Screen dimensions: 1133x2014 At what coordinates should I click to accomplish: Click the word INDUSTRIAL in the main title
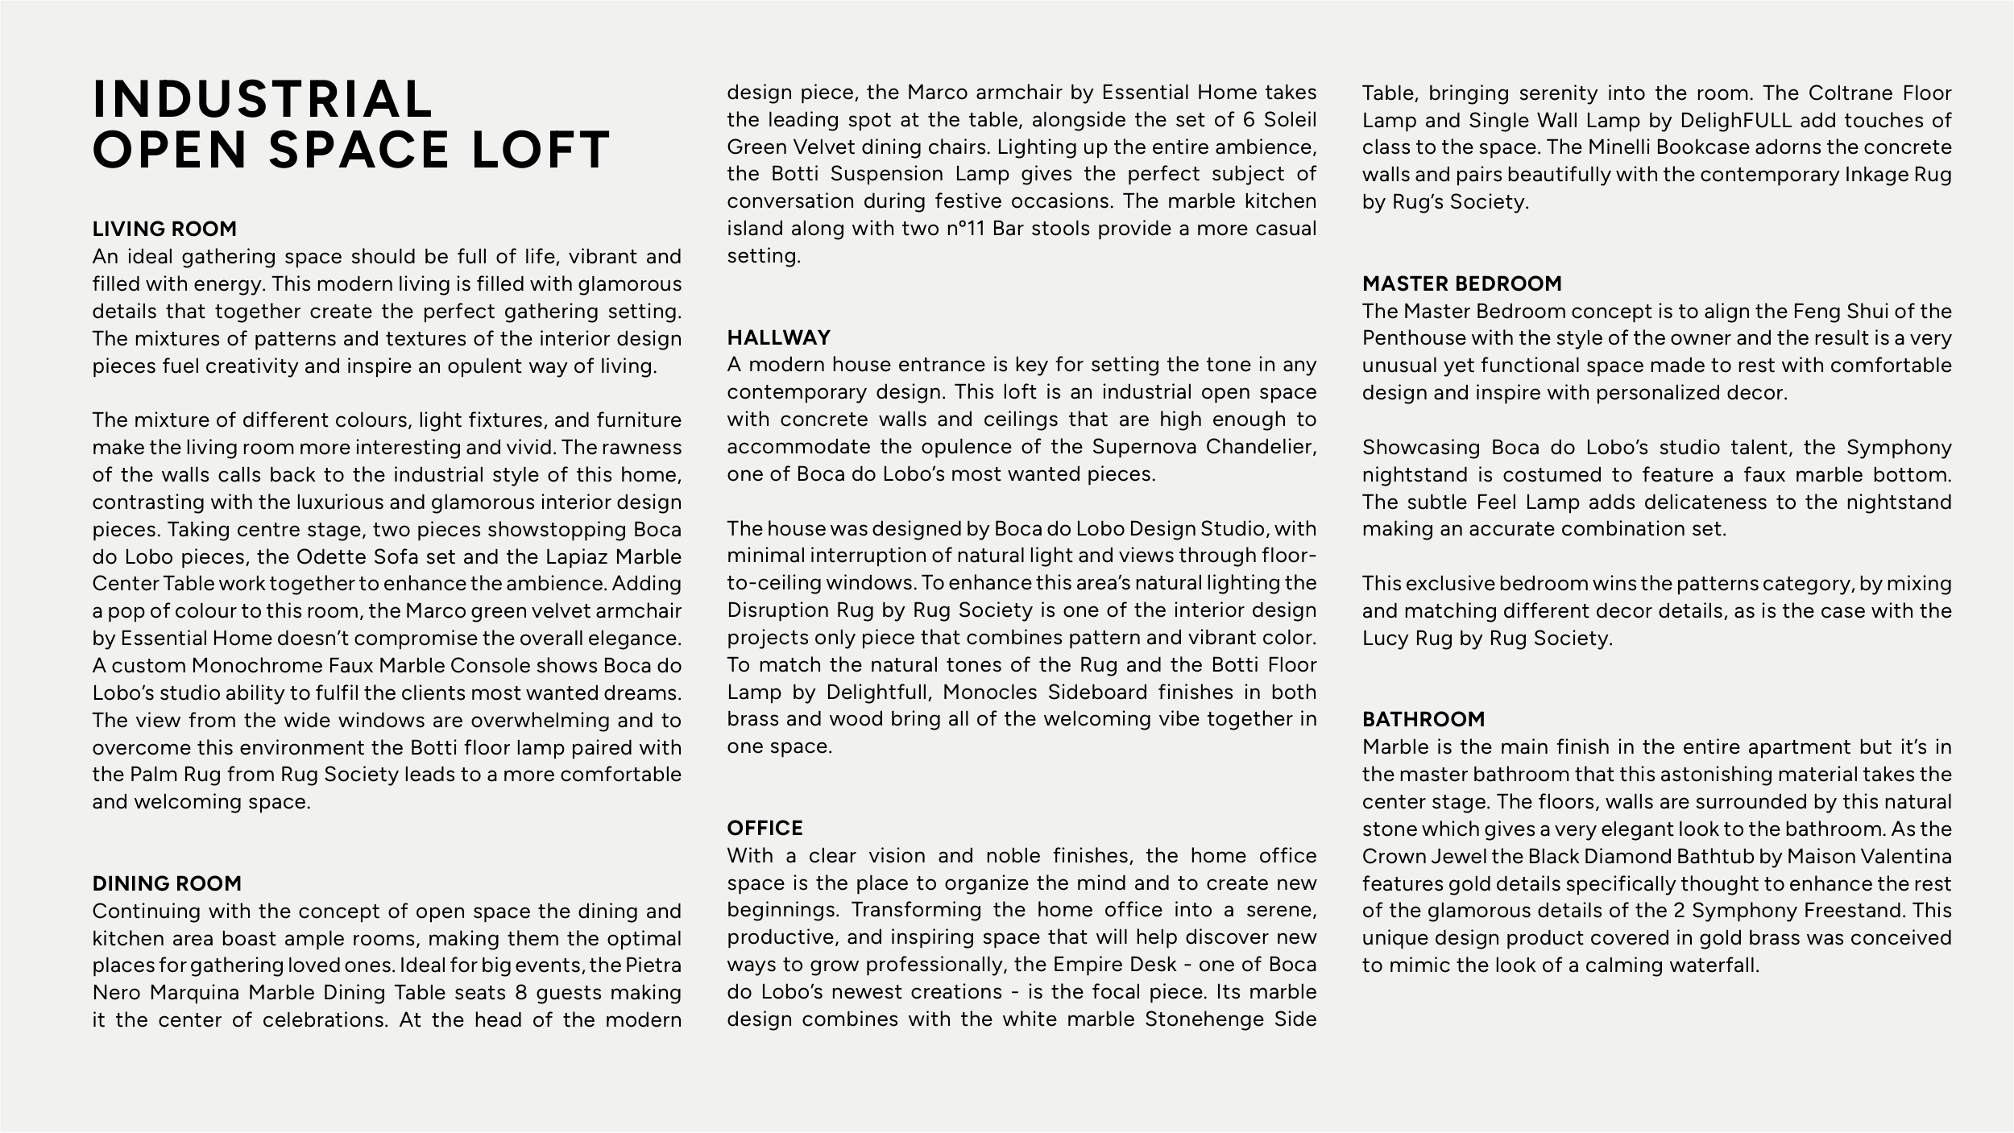click(x=263, y=99)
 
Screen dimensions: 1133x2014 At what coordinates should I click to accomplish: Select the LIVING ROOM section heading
click(x=164, y=229)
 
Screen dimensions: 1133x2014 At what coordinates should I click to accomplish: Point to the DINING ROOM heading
click(x=167, y=883)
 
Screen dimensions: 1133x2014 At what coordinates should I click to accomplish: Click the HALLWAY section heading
click(x=778, y=337)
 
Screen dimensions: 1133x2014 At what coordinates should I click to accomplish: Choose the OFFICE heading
click(x=765, y=828)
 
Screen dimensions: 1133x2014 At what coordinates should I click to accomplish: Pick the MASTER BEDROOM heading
click(x=1461, y=283)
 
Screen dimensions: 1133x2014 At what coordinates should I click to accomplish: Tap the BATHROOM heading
click(x=1423, y=719)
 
